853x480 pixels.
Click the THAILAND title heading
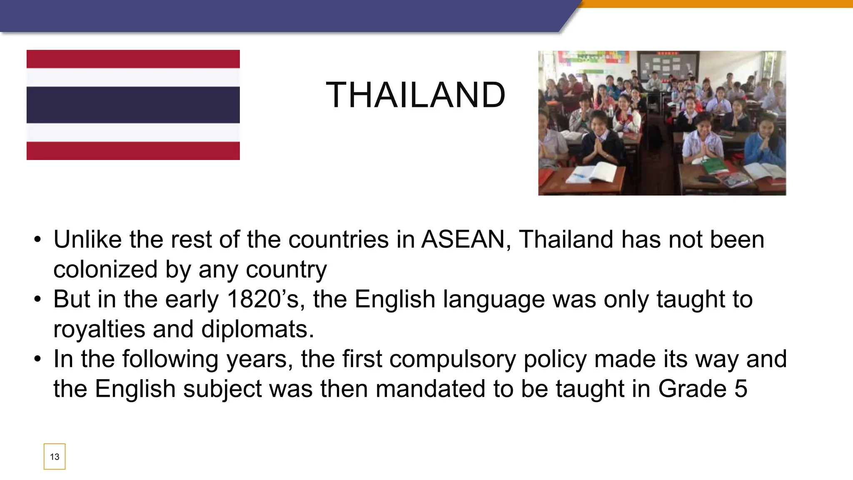tap(415, 95)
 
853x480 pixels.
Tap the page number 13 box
tap(55, 457)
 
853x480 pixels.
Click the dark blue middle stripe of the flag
tap(133, 105)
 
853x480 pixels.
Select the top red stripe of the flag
tap(133, 59)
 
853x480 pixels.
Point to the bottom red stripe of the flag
tap(133, 151)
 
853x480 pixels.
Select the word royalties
tap(99, 329)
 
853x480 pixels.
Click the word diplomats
tap(257, 329)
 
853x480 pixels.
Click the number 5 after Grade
tap(741, 389)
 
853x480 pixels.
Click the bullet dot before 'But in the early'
tap(38, 299)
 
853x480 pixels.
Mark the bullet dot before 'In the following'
tap(38, 359)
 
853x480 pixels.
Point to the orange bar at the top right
tap(716, 4)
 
